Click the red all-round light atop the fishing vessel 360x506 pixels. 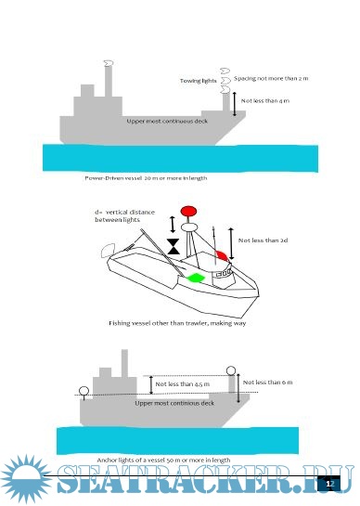190,211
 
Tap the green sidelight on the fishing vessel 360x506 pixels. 195,277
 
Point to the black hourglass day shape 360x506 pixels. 174,246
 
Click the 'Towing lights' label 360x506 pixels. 198,82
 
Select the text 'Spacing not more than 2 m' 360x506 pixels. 270,79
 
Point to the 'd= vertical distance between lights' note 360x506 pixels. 122,215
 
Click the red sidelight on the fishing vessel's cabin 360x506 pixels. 221,253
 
